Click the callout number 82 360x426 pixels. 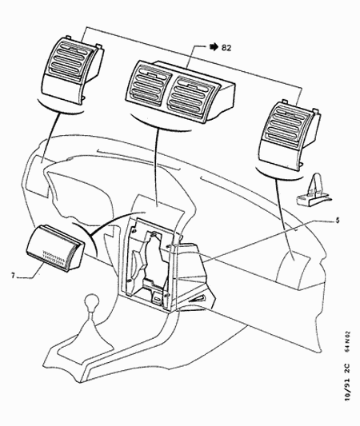[226, 48]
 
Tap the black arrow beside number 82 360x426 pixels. [214, 47]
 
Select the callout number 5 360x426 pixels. [337, 220]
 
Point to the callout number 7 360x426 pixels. [13, 276]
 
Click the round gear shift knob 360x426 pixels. [92, 301]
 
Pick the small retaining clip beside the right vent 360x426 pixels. [313, 190]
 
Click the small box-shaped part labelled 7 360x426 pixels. [55, 248]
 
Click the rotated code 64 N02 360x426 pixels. [347, 341]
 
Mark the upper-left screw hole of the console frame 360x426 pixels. [134, 231]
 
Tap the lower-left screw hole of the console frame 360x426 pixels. [130, 281]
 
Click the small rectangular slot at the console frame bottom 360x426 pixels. [157, 299]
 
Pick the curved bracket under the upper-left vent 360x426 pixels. [60, 107]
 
